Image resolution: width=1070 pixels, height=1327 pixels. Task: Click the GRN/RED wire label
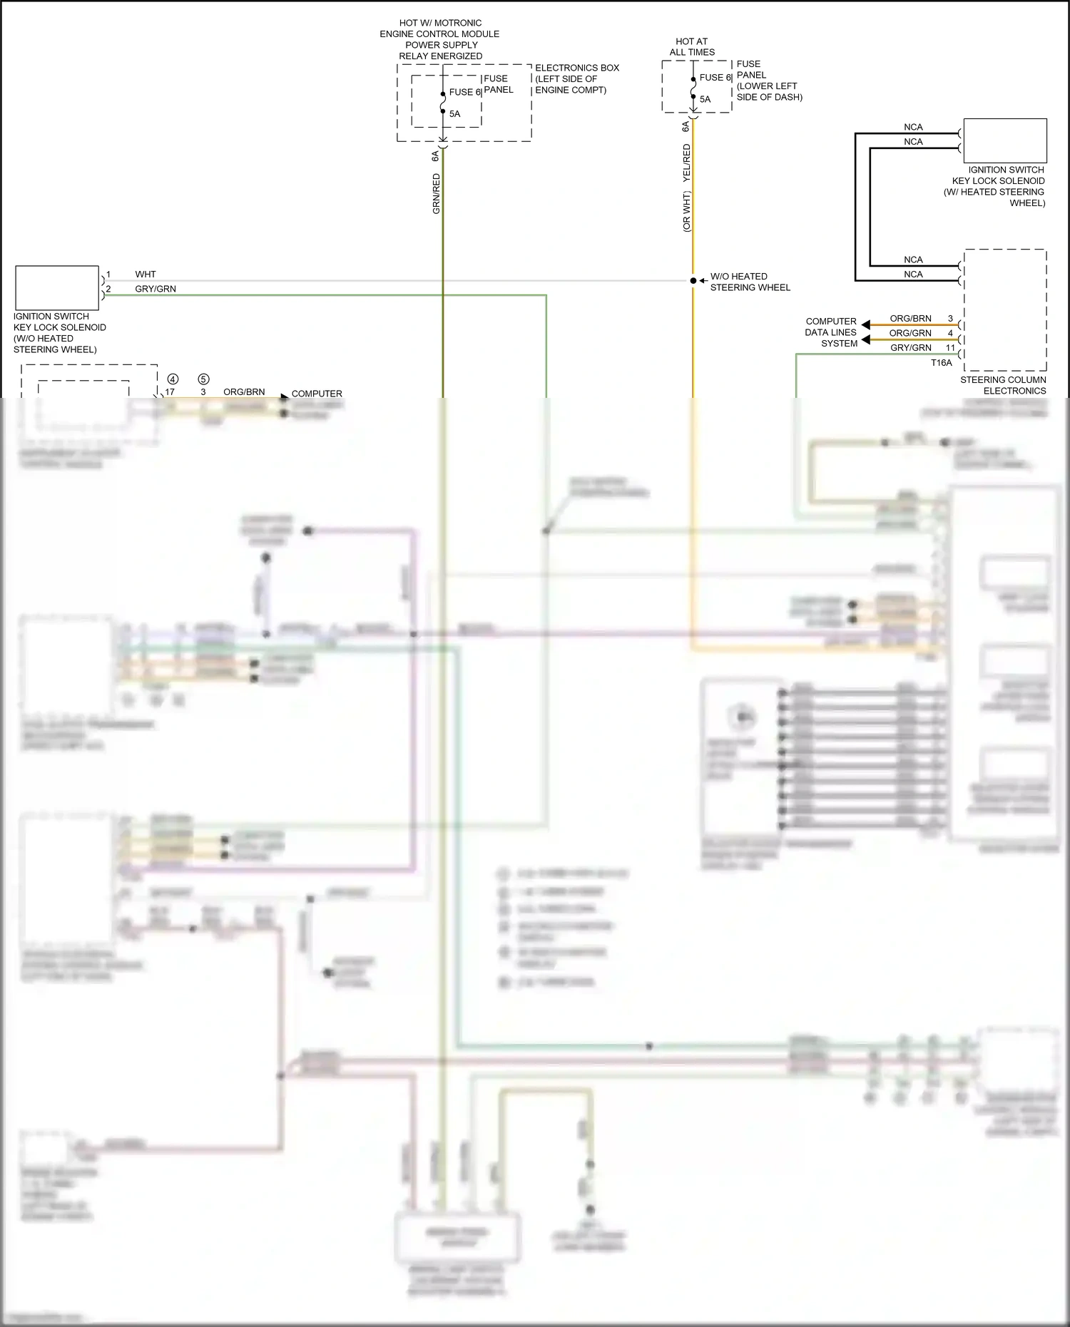click(x=436, y=194)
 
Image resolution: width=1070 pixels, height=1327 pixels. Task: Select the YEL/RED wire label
click(x=687, y=163)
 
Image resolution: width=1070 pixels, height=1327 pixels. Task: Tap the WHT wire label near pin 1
click(x=146, y=275)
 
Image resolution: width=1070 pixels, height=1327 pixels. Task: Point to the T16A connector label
click(x=941, y=363)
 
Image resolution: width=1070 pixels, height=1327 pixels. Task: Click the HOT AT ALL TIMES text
click(x=692, y=47)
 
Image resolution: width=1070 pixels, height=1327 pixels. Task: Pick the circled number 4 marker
click(x=173, y=379)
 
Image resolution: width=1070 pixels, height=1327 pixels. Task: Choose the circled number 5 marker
click(x=203, y=379)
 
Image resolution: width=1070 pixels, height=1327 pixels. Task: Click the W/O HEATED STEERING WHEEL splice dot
click(x=693, y=281)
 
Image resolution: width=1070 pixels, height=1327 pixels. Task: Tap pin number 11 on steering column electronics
click(x=950, y=348)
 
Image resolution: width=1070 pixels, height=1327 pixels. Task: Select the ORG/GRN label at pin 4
click(x=909, y=333)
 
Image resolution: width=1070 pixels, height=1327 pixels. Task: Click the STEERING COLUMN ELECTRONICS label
click(x=1003, y=386)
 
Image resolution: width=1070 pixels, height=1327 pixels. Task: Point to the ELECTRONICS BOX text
click(x=577, y=68)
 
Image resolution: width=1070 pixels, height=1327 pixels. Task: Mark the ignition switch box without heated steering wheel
click(x=57, y=288)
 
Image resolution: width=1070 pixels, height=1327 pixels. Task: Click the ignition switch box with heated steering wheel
click(x=1005, y=141)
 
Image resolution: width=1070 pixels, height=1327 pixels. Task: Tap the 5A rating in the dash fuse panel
click(x=705, y=100)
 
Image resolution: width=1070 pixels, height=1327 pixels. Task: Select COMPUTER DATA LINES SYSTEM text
click(x=831, y=332)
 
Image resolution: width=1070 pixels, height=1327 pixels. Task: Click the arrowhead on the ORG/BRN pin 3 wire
click(x=865, y=325)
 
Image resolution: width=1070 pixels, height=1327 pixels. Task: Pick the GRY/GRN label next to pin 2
click(x=156, y=289)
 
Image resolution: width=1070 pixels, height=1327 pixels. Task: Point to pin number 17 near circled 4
click(x=170, y=392)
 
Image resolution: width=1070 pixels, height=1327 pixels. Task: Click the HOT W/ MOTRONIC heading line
click(x=440, y=24)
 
